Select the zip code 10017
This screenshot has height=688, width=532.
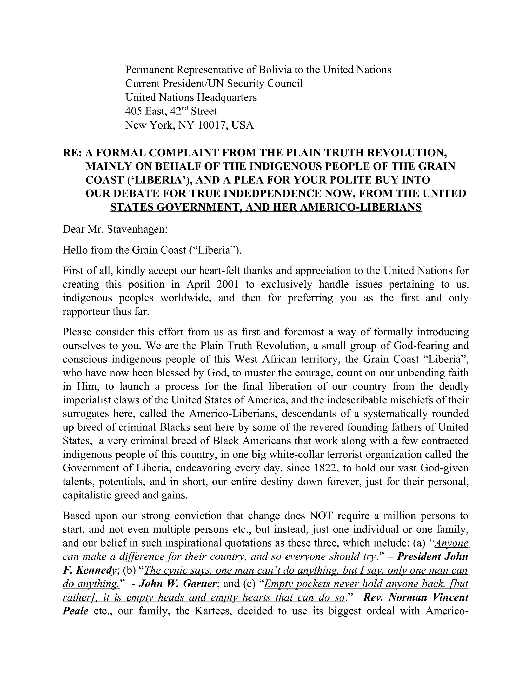(x=212, y=125)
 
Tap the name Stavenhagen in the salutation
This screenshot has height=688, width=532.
(x=136, y=229)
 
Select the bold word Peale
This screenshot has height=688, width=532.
(x=76, y=611)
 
